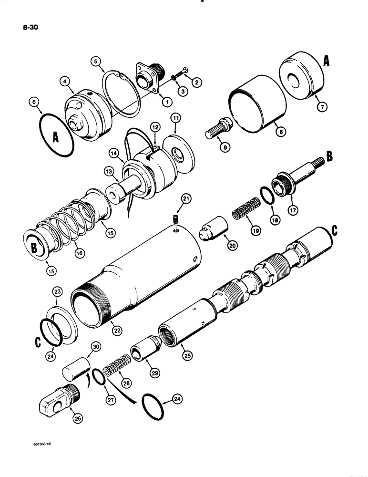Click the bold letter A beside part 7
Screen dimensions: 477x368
pos(327,61)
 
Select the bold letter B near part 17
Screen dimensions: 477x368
pos(329,156)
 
